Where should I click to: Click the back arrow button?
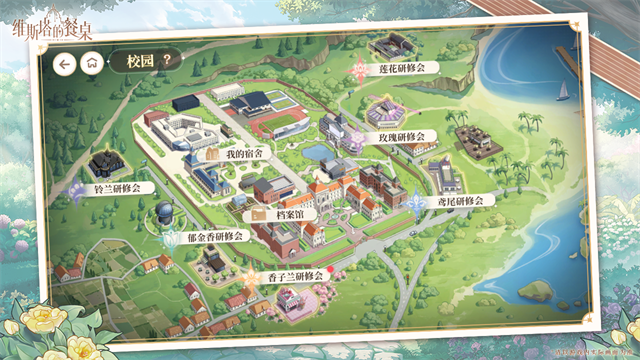65,63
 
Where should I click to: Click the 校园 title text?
138,61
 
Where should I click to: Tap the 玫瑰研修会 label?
399,135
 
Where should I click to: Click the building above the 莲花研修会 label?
391,48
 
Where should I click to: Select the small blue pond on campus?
316,152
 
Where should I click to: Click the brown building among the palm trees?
478,141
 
